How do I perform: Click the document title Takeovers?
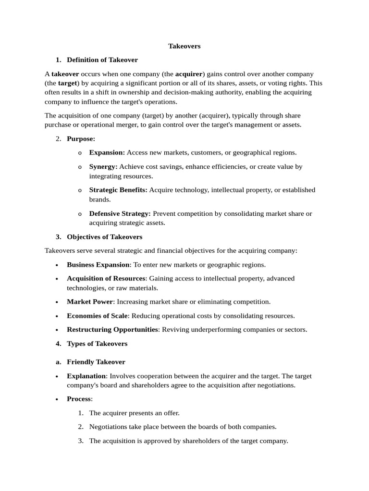tap(184, 46)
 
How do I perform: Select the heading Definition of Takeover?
tap(102, 60)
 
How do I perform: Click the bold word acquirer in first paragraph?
tap(189, 74)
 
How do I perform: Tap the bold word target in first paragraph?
tap(68, 83)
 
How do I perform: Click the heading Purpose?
tap(81, 139)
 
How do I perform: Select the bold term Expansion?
tap(107, 152)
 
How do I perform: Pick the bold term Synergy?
tap(103, 166)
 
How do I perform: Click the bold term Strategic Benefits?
tap(118, 190)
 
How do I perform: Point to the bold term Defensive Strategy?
tap(120, 213)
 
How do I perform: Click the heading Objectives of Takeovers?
tap(104, 237)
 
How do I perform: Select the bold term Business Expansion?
tap(98, 265)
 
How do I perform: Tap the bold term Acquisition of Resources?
tap(106, 279)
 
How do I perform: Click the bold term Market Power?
tap(90, 302)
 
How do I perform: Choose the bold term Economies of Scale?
tap(97, 316)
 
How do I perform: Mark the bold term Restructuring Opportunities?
tap(112, 329)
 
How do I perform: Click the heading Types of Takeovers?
tap(97, 343)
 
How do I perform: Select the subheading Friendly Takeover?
tap(96, 362)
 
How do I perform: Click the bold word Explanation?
tap(86, 376)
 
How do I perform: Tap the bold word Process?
tap(79, 399)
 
